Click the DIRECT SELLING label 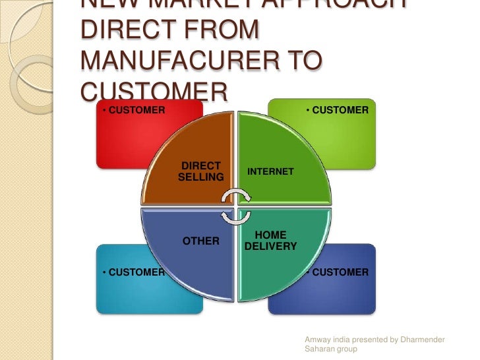pyautogui.click(x=201, y=171)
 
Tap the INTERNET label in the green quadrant pyautogui.click(x=270, y=171)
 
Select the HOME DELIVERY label pyautogui.click(x=270, y=241)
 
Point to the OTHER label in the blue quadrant pyautogui.click(x=201, y=241)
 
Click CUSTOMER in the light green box pyautogui.click(x=340, y=109)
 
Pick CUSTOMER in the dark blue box pyautogui.click(x=340, y=272)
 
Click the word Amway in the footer pyautogui.click(x=317, y=340)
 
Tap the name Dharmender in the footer pyautogui.click(x=421, y=340)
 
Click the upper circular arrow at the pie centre pyautogui.click(x=235, y=196)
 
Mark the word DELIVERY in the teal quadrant pyautogui.click(x=270, y=247)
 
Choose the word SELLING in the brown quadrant pyautogui.click(x=201, y=177)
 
